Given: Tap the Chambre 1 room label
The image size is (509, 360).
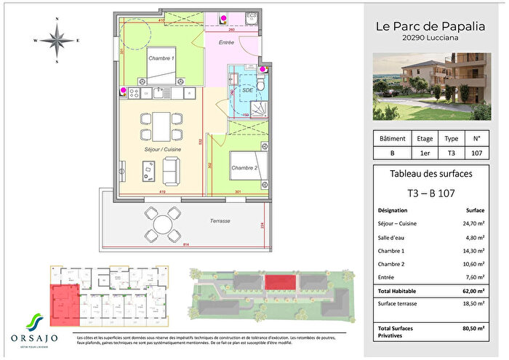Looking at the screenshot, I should point(161,58).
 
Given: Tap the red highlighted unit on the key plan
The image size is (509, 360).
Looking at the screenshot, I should point(64,305).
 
